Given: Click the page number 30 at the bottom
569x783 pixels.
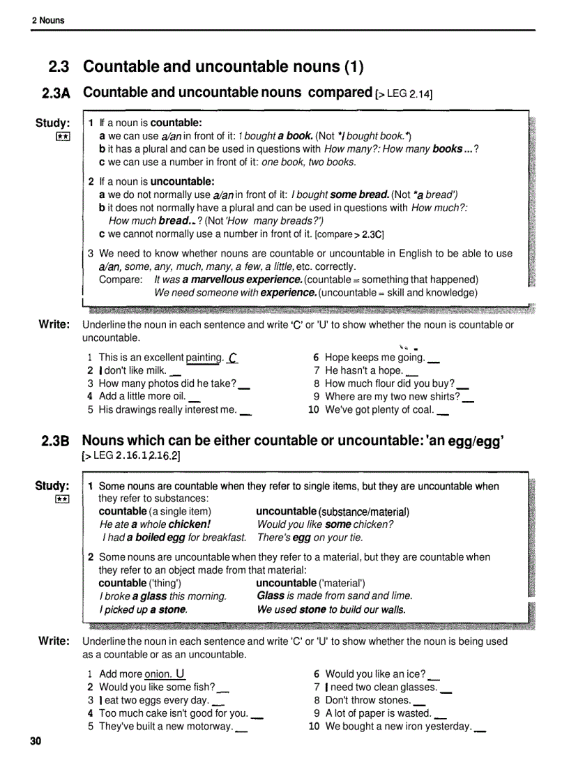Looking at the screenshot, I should pos(36,741).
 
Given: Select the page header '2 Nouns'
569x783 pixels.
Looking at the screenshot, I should pos(48,20).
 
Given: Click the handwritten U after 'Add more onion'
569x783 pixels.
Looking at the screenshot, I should pos(181,674).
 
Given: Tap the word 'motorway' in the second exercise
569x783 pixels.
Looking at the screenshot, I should pos(209,727).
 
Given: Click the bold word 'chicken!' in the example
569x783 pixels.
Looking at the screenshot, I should pos(189,524).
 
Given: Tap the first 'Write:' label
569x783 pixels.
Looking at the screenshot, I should pos(54,324).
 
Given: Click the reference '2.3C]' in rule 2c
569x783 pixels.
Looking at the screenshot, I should pos(372,234).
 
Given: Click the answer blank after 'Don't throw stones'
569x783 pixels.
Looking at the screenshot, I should pos(419,701).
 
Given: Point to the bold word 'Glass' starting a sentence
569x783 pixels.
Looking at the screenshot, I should pos(271,596).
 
